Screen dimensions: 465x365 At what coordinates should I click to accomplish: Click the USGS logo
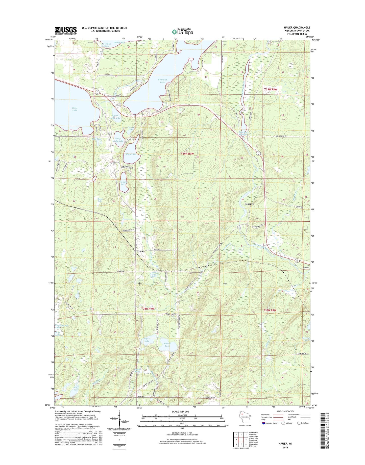click(x=66, y=31)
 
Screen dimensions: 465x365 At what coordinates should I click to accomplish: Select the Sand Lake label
click(x=75, y=109)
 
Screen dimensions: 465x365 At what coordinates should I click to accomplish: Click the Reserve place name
click(x=249, y=204)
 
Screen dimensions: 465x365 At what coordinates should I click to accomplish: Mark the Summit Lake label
click(x=167, y=345)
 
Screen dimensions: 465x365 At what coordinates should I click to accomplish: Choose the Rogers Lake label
click(x=147, y=340)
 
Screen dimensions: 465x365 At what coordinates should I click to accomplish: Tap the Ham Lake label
click(x=131, y=154)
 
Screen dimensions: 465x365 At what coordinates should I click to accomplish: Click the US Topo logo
click(x=182, y=32)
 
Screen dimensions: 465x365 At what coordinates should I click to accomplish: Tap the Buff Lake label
click(x=76, y=389)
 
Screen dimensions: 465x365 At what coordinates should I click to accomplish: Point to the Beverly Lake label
click(x=305, y=339)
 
